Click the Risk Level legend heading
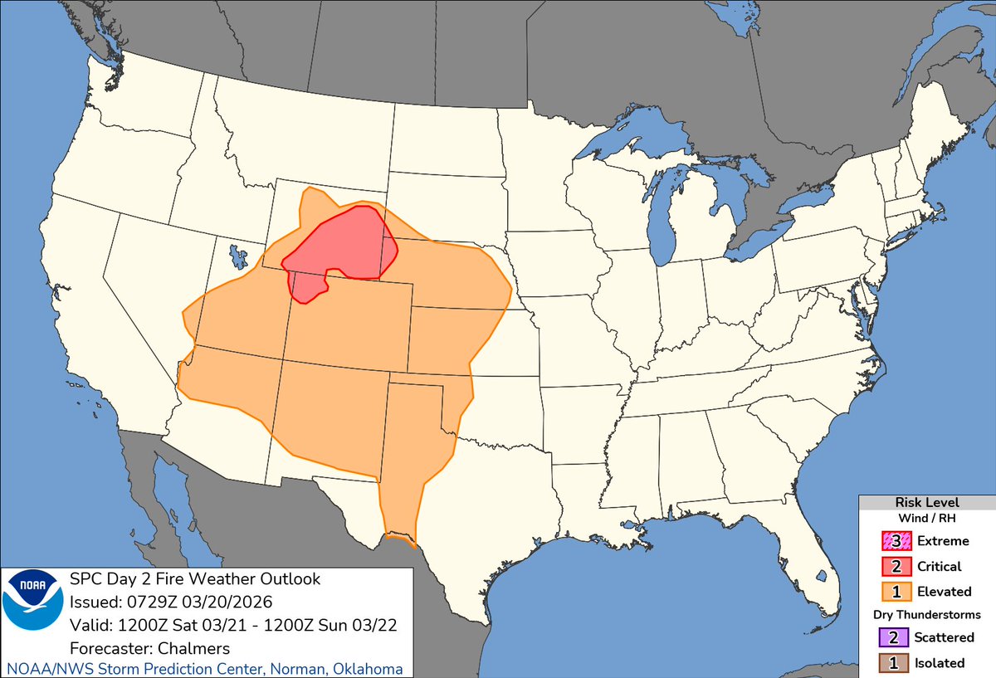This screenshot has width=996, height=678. pos(926,503)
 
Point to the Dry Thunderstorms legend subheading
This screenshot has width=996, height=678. pos(926,615)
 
